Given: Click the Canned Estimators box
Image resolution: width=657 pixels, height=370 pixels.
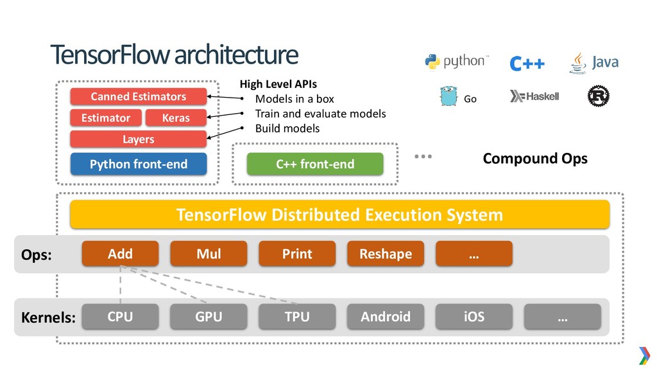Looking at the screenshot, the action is (x=139, y=96).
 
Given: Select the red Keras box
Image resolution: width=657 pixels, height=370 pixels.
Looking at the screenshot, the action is (x=176, y=118).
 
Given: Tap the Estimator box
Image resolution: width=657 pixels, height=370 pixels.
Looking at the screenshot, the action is (x=106, y=118).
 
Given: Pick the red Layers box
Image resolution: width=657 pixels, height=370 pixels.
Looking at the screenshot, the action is (x=139, y=139).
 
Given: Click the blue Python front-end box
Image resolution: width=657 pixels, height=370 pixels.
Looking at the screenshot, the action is (x=139, y=164).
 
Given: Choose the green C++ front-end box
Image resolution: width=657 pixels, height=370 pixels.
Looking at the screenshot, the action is (x=315, y=164).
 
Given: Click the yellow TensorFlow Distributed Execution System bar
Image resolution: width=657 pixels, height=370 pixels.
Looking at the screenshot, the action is (x=340, y=215).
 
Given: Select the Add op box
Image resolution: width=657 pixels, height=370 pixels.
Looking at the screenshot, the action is (x=120, y=253).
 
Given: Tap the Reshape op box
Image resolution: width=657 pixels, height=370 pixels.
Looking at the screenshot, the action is (x=386, y=253).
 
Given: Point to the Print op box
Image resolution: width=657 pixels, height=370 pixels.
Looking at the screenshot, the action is (x=297, y=253).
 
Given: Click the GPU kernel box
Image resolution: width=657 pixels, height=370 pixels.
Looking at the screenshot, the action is (x=209, y=316).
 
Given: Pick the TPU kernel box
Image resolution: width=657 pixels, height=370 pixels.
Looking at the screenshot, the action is (x=297, y=316).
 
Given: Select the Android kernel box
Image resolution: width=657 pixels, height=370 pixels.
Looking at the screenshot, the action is (x=386, y=316).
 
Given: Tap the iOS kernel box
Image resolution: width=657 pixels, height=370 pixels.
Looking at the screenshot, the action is (x=474, y=316).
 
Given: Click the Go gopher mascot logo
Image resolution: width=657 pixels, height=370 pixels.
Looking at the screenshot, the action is (x=448, y=96).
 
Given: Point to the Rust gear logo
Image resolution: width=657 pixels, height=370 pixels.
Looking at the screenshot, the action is (x=599, y=96).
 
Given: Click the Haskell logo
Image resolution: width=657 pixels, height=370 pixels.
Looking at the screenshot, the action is (x=534, y=96).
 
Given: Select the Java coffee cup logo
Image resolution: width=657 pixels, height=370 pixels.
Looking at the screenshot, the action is (x=578, y=63).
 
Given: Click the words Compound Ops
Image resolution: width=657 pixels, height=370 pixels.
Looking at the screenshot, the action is (x=535, y=159).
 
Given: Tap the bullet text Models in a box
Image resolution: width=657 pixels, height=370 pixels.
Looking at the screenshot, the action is (x=294, y=99).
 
